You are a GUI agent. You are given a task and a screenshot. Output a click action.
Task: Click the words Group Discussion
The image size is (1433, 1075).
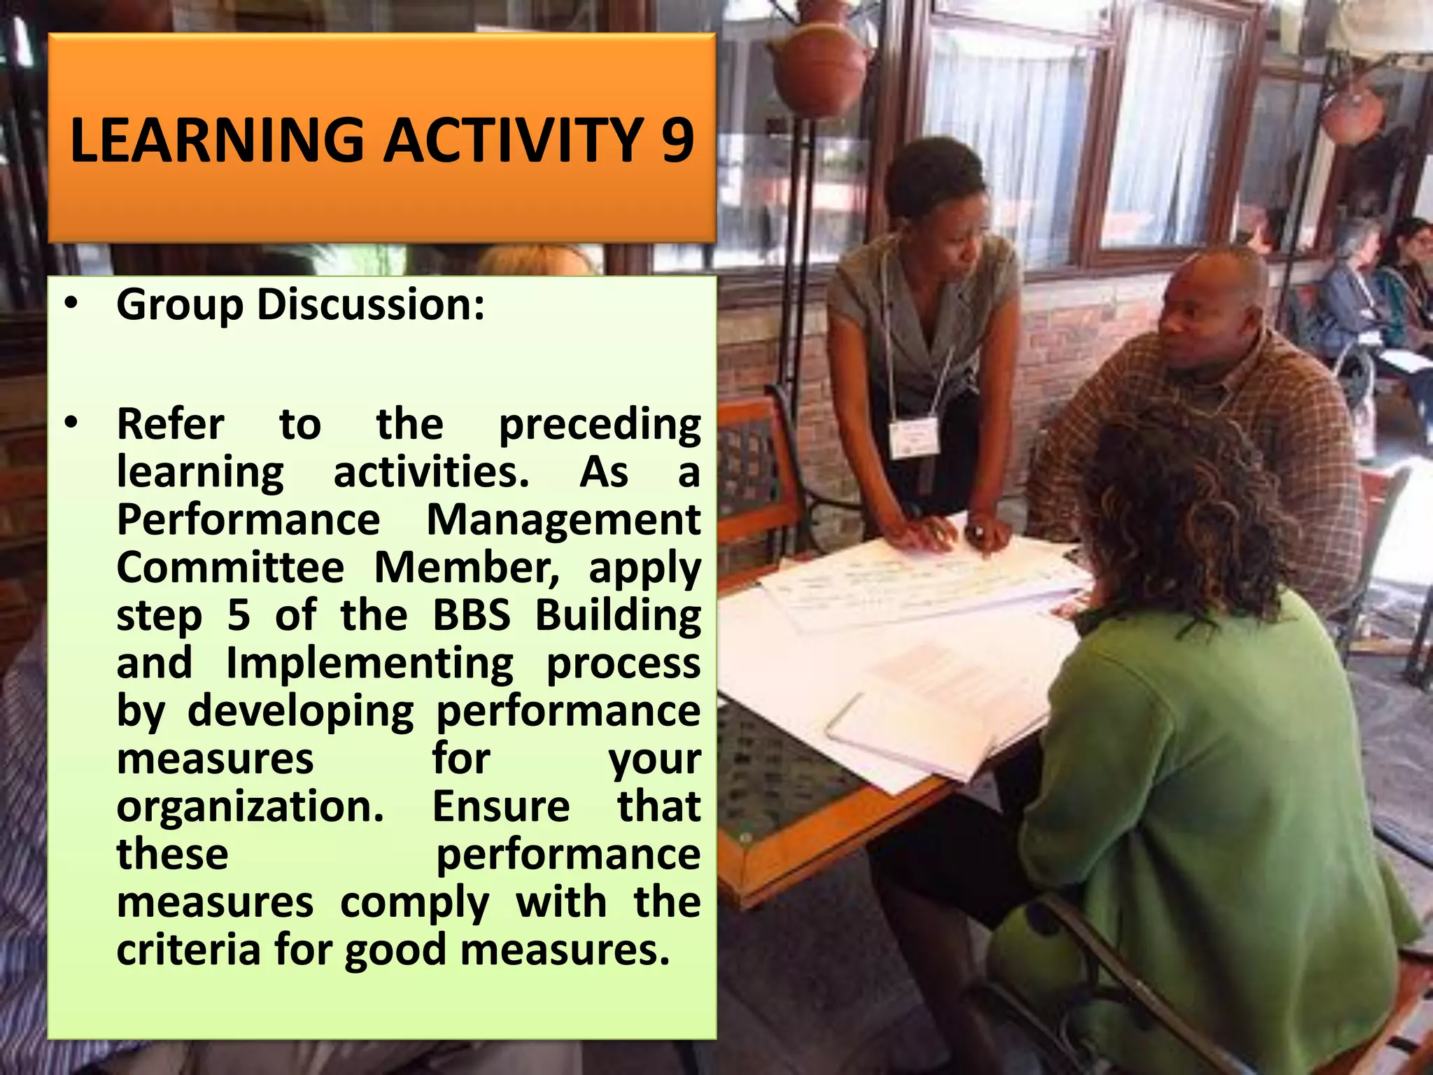pos(300,305)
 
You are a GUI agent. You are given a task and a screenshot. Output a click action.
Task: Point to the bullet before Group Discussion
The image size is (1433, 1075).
pos(71,304)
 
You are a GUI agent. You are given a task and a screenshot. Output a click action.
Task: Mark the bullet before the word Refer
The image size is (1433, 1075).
pos(71,423)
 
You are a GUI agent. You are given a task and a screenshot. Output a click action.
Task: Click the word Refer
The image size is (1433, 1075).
pos(170,424)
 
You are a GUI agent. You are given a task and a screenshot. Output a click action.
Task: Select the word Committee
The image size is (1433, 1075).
pos(230,568)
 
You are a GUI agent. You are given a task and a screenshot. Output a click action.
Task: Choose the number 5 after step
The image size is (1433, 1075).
pos(239,615)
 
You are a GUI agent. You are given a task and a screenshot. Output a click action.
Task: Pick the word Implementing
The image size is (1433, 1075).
pos(369,663)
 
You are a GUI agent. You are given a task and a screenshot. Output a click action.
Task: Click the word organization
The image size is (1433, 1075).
pos(250,807)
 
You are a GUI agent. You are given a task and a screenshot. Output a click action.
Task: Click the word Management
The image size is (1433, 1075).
pos(563,520)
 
